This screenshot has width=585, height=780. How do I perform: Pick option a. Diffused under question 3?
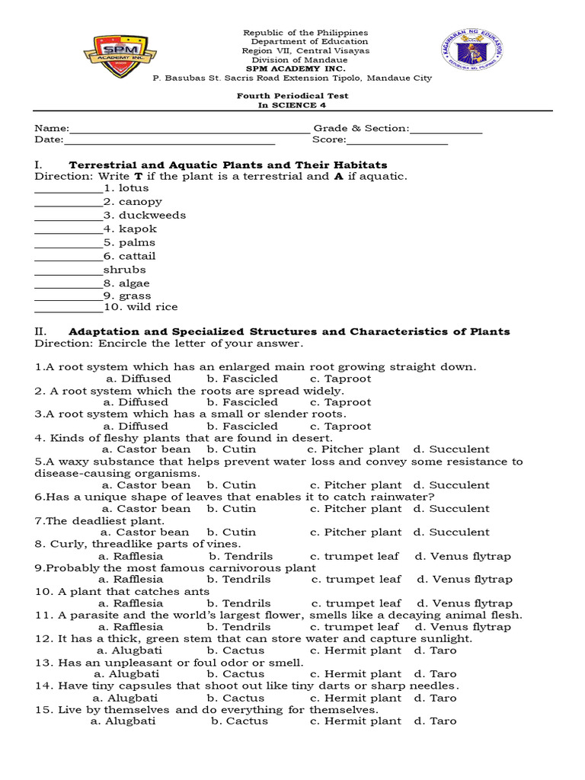[x=136, y=427]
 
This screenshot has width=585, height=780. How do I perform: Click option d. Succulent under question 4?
[x=451, y=449]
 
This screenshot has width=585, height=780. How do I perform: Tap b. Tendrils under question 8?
[x=241, y=556]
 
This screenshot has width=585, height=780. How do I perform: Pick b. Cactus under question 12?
[x=235, y=651]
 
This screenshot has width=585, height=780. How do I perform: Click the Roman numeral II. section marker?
[x=41, y=331]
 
